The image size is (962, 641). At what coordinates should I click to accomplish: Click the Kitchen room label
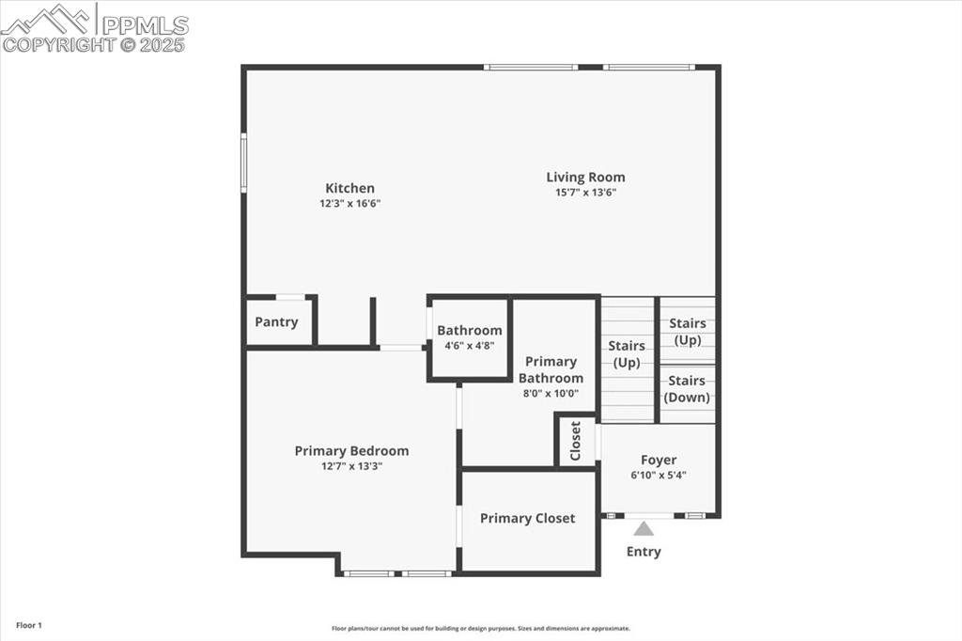(x=349, y=188)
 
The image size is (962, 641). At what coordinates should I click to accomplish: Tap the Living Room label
(x=585, y=177)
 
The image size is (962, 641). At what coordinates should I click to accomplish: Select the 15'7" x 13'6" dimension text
(x=585, y=193)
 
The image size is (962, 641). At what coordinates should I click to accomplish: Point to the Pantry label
(x=276, y=321)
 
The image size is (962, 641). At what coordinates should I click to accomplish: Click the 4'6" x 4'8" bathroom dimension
(x=469, y=346)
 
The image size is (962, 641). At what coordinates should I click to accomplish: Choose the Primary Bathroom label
(x=551, y=369)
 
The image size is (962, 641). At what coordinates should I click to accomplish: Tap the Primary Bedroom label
(x=351, y=450)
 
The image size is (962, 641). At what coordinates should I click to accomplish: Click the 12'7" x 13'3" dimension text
(x=351, y=466)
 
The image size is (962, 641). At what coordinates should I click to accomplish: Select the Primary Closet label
(x=527, y=518)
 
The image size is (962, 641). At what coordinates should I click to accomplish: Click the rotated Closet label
(x=576, y=440)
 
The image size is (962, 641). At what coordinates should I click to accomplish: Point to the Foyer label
(x=659, y=460)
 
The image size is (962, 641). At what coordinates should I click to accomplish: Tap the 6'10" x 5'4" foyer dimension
(x=659, y=475)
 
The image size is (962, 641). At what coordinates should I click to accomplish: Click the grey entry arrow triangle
(x=644, y=529)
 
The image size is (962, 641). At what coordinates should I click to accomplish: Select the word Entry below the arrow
(x=644, y=552)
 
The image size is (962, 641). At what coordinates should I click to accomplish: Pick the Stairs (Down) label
(x=687, y=388)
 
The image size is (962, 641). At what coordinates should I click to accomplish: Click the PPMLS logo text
(x=145, y=25)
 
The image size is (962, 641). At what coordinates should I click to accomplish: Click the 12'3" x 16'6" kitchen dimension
(x=349, y=203)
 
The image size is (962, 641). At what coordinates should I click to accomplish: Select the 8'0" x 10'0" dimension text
(x=551, y=394)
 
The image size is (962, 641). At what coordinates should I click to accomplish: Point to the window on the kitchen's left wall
(x=243, y=163)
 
